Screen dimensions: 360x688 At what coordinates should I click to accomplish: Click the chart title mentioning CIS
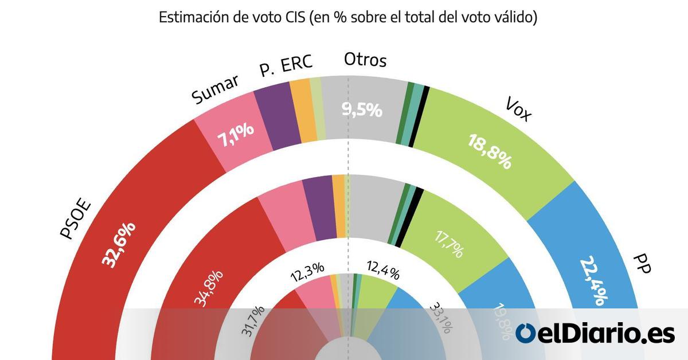click(x=347, y=18)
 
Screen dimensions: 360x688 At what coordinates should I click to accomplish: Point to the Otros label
click(x=365, y=60)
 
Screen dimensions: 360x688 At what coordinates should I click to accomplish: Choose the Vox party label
click(x=519, y=109)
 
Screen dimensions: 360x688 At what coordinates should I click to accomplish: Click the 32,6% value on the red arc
click(x=119, y=244)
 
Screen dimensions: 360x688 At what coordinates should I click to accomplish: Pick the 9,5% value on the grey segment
click(x=362, y=109)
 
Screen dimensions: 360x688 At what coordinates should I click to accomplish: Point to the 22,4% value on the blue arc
click(x=595, y=279)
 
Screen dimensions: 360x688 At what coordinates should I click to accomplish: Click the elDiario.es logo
click(x=595, y=333)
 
